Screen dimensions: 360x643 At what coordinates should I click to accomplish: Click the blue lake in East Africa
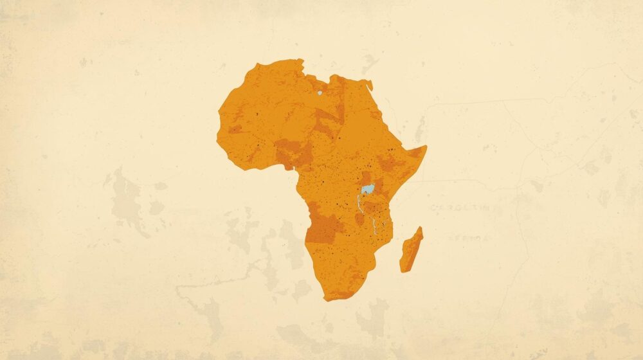click(368, 189)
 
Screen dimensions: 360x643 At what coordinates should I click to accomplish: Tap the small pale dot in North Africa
click(319, 93)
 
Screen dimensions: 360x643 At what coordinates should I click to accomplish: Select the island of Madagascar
click(411, 250)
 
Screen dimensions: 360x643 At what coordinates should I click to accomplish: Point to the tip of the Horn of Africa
click(425, 147)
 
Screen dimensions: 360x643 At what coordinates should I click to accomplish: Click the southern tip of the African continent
click(329, 299)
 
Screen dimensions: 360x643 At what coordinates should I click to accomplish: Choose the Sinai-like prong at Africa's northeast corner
click(368, 84)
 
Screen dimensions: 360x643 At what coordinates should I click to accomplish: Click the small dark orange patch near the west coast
click(235, 129)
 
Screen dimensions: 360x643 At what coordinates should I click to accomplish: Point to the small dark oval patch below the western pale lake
click(360, 219)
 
